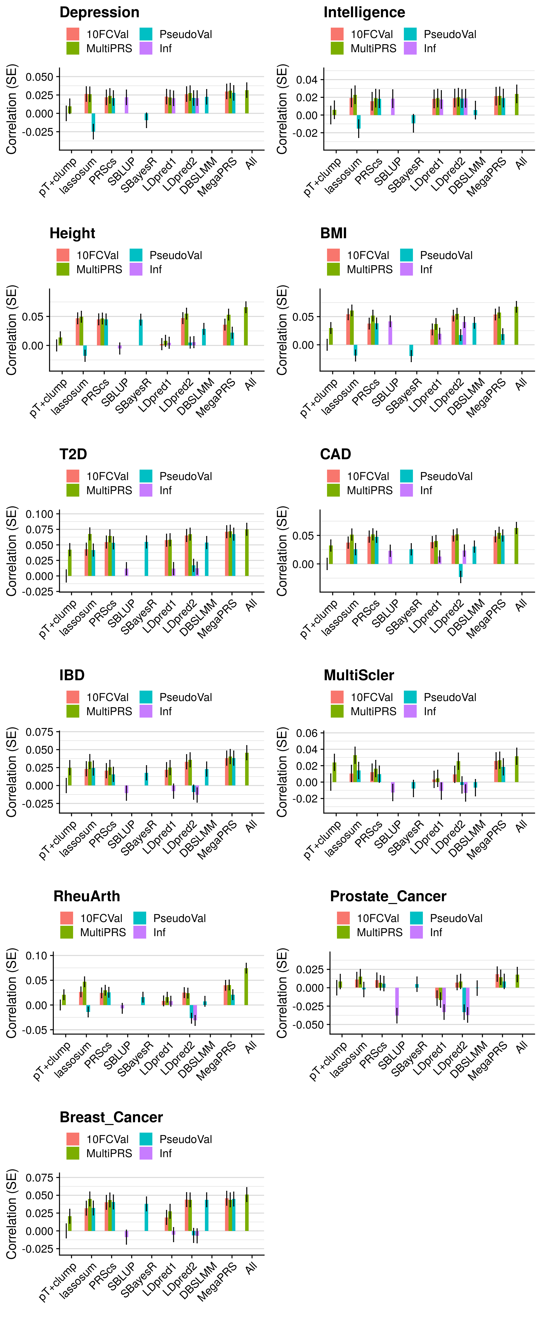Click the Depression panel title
point(99,12)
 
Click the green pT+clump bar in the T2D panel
point(69,563)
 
